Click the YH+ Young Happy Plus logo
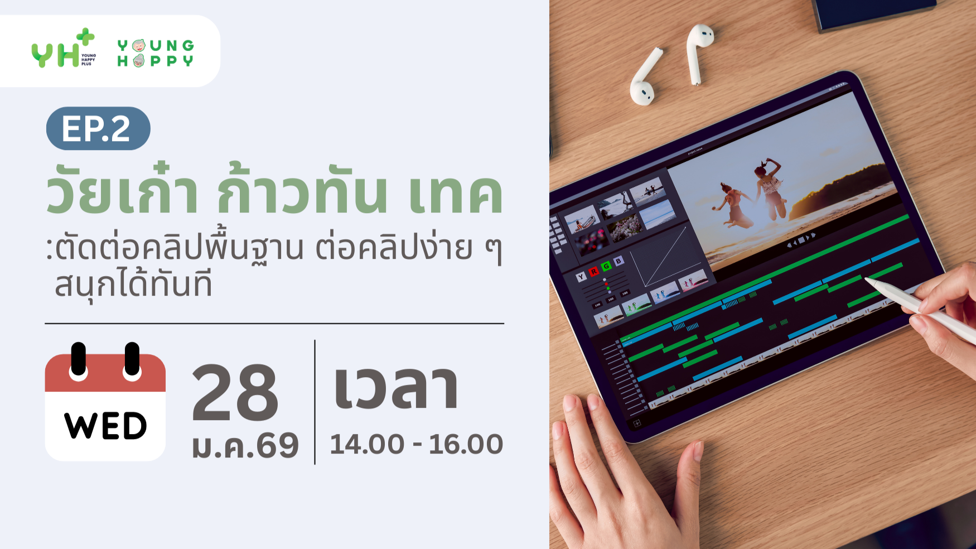pyautogui.click(x=63, y=50)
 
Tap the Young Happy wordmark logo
pyautogui.click(x=156, y=53)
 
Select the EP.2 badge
pyautogui.click(x=98, y=128)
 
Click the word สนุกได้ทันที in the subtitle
pyautogui.click(x=133, y=284)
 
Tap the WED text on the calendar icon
pyautogui.click(x=105, y=426)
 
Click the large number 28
pyautogui.click(x=235, y=393)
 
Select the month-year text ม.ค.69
pyautogui.click(x=245, y=446)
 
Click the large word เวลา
pyautogui.click(x=396, y=388)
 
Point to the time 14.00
pyautogui.click(x=367, y=445)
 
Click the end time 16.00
pyautogui.click(x=466, y=445)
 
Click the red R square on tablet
pyautogui.click(x=593, y=271)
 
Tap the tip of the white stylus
pyautogui.click(x=868, y=280)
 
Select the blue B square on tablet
pyautogui.click(x=618, y=261)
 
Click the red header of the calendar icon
pyautogui.click(x=105, y=374)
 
